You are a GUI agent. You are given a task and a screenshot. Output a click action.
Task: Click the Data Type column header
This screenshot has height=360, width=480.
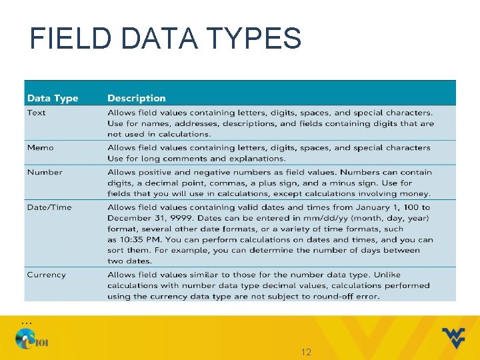pyautogui.click(x=53, y=98)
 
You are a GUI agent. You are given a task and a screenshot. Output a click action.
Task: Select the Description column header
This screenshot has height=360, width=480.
pyautogui.click(x=136, y=98)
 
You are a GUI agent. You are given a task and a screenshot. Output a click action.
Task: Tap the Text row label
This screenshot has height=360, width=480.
pyautogui.click(x=37, y=113)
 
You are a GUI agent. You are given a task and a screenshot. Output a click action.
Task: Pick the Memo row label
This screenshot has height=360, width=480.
pyautogui.click(x=41, y=147)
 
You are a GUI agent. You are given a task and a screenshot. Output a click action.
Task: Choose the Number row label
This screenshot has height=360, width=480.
pyautogui.click(x=45, y=172)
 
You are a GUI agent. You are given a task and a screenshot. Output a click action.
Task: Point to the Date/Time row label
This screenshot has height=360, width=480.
pyautogui.click(x=49, y=207)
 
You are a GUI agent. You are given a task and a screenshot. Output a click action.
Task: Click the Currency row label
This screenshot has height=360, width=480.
pyautogui.click(x=46, y=275)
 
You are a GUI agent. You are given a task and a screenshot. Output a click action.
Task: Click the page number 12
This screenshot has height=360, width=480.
pyautogui.click(x=307, y=351)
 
